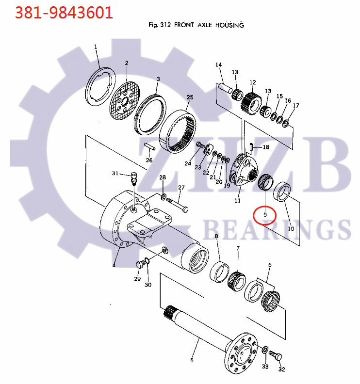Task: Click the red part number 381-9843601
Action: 64,13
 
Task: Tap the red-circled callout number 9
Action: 265,215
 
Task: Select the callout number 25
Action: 190,97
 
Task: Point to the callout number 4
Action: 114,265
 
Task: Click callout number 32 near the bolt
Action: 281,369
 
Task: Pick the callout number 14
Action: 219,64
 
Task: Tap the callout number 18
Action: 266,147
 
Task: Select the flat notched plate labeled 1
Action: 101,86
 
